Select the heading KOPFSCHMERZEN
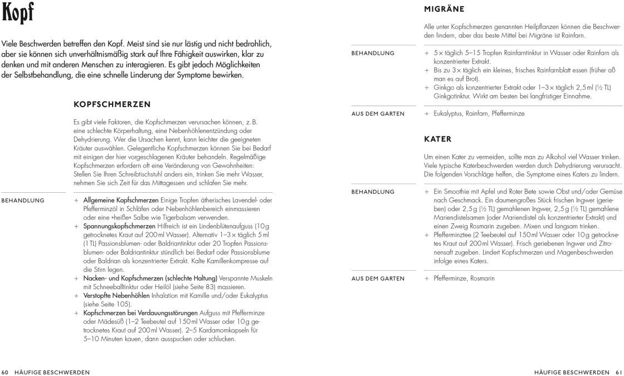(112, 104)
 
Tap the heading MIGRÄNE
(444, 9)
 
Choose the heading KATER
(438, 139)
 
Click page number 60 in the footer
(6, 372)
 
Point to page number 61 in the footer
(618, 372)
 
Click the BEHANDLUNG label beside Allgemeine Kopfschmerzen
(23, 200)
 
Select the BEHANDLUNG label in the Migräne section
(373, 53)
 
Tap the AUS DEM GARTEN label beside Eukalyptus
(378, 114)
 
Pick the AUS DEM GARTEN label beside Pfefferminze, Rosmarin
(378, 279)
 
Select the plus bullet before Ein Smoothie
(427, 192)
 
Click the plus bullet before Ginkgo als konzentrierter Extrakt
(427, 87)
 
